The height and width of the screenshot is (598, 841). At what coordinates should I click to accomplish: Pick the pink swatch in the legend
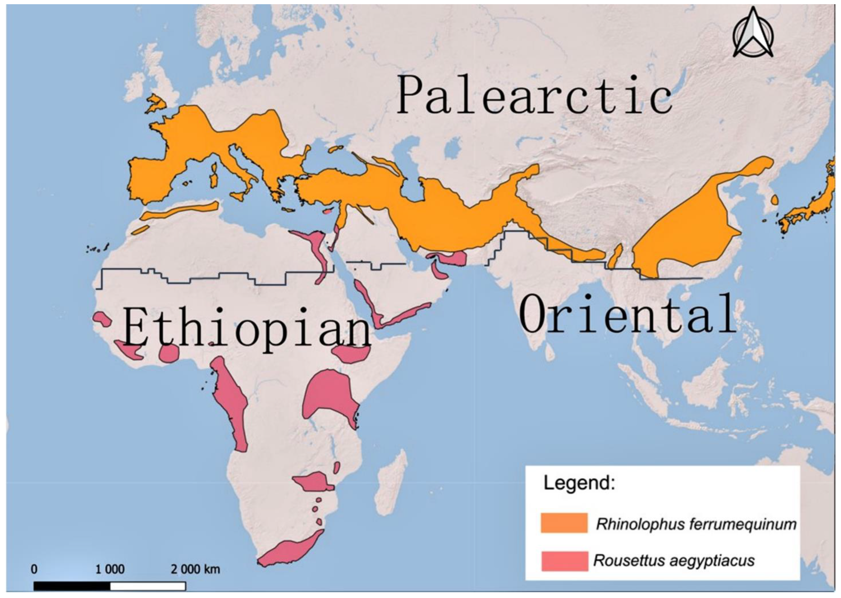(x=564, y=561)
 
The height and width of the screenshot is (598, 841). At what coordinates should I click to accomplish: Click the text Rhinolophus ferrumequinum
(x=696, y=524)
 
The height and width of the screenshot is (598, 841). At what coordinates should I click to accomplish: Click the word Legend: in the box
(x=579, y=483)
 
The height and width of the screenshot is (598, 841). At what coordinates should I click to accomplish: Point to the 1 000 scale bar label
(x=110, y=569)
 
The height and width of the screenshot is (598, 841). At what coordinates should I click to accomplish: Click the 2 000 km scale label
(x=195, y=569)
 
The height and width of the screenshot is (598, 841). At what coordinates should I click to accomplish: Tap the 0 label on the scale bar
(x=34, y=569)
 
